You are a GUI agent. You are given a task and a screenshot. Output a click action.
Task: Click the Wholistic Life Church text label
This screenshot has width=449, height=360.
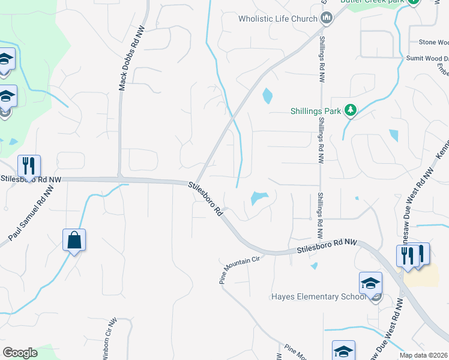click(277, 19)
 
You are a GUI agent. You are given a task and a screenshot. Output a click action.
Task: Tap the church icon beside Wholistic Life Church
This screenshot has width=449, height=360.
click(327, 19)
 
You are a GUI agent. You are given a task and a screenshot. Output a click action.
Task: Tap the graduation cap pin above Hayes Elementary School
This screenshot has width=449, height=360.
click(370, 283)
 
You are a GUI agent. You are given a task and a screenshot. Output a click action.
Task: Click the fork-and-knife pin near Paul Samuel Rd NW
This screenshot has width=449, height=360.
click(29, 166)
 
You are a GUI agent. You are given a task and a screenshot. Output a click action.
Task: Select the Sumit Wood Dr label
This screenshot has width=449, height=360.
click(427, 58)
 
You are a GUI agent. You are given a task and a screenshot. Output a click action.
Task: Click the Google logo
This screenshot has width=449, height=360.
click(20, 353)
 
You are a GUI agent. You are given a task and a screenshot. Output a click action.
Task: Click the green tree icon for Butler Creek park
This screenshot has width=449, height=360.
click(413, 2)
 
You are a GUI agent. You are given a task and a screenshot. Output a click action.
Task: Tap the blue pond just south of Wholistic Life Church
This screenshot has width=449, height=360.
click(267, 95)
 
